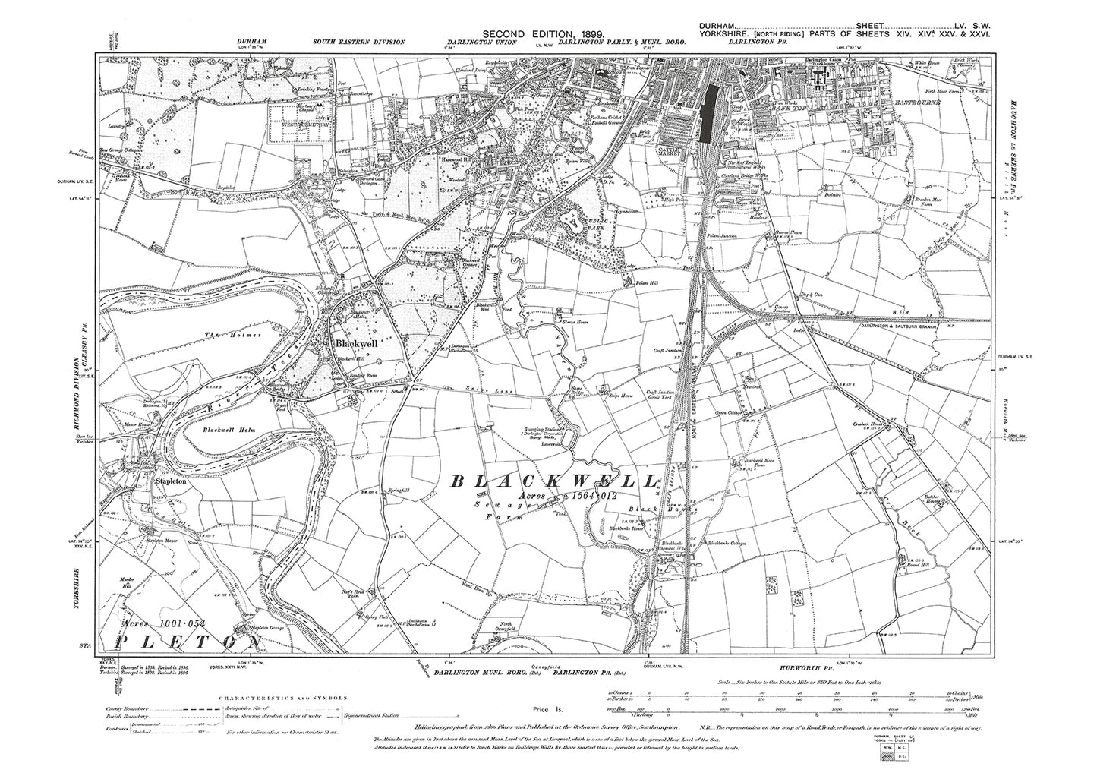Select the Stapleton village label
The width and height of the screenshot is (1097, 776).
coord(171,481)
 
